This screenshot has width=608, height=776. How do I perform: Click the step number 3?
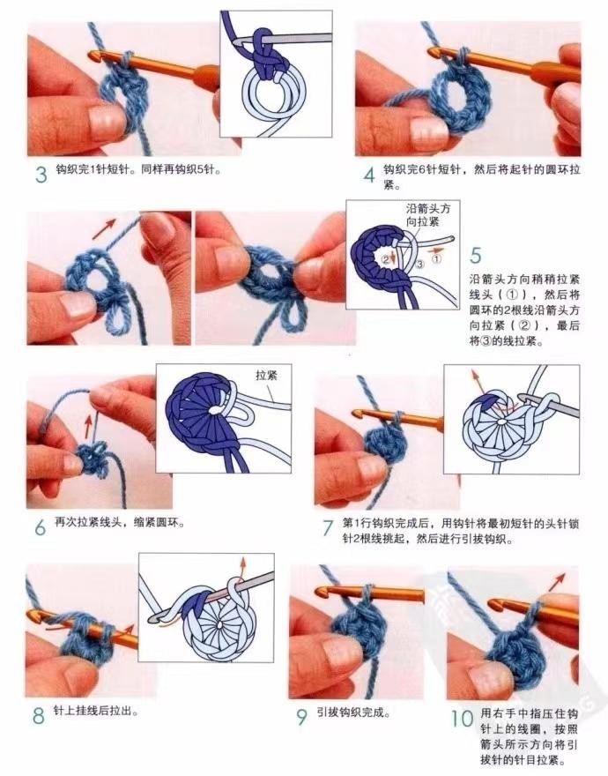41,175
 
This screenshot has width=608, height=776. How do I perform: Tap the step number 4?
369,175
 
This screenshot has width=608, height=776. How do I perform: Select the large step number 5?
476,256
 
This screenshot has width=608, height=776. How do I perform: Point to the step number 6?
40,527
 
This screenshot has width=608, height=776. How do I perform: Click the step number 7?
327,528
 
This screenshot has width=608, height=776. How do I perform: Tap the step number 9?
301,717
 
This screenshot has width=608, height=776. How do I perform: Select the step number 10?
462,719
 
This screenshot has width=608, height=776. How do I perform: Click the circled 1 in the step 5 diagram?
437,258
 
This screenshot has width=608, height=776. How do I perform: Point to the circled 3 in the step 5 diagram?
419,264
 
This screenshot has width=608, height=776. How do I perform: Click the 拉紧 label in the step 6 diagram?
267,375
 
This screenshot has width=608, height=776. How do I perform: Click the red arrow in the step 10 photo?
557,582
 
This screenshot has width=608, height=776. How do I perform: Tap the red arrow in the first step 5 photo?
103,228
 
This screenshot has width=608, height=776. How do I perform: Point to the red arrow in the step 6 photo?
88,427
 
